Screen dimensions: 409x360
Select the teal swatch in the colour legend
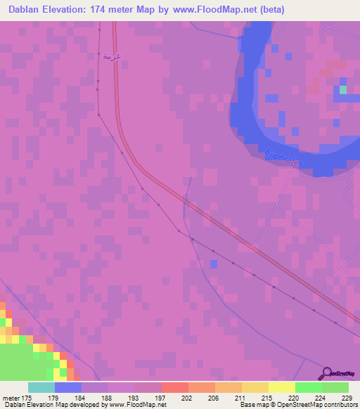pos(41,387)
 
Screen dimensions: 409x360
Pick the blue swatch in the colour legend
pos(67,387)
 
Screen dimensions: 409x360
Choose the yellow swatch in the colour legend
pos(281,387)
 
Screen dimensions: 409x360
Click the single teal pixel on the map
pos(342,89)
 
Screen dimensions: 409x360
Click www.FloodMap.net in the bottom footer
pos(138,405)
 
